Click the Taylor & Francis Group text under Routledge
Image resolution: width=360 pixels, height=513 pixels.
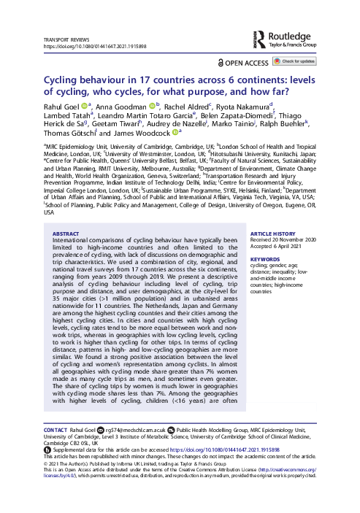point(302,44)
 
